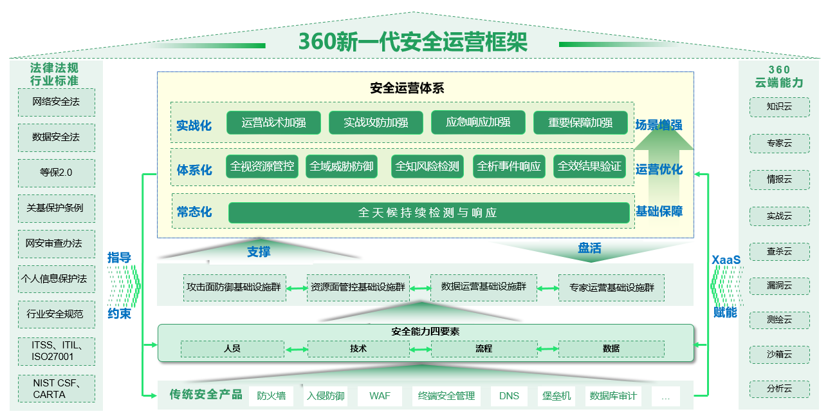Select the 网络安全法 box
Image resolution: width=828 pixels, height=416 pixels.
coord(56,102)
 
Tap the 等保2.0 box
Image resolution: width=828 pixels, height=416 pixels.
coord(56,173)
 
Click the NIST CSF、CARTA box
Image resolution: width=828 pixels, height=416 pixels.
coord(56,388)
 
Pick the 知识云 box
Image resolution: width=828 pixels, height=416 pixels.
coord(779,107)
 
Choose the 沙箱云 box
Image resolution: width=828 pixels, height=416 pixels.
coord(779,354)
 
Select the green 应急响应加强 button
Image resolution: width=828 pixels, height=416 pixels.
coord(478,122)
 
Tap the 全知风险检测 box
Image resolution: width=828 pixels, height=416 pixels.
coord(427,166)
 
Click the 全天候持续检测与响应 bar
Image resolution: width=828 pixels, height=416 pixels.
coord(428,213)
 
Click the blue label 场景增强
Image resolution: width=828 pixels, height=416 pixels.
coord(659,125)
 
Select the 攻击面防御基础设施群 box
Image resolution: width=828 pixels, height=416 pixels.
coord(234,287)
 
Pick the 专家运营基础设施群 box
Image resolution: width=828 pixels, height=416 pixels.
coord(611,287)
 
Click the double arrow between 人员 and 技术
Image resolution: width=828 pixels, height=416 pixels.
coord(296,349)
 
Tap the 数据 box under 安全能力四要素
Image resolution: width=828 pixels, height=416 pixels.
coord(611,348)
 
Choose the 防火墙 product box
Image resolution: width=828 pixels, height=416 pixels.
coord(271,395)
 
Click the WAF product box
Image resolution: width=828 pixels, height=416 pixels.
coord(380,395)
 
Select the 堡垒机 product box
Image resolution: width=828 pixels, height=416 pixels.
coord(555,395)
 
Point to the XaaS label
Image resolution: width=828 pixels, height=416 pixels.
coord(726,260)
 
